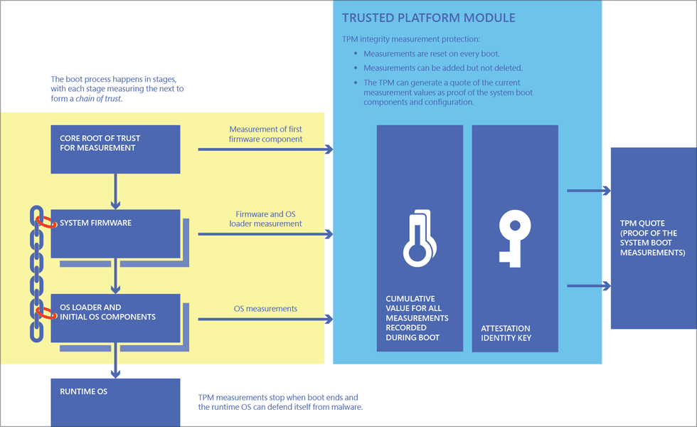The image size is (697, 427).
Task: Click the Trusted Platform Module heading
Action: (x=428, y=18)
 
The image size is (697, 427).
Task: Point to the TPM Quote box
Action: (x=653, y=238)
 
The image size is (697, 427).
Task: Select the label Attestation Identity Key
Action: (x=507, y=333)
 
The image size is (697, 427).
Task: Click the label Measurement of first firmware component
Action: (x=265, y=134)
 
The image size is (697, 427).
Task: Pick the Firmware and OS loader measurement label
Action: (x=265, y=218)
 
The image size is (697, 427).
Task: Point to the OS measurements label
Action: (x=265, y=309)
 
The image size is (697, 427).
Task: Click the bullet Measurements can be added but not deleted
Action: (x=443, y=68)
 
